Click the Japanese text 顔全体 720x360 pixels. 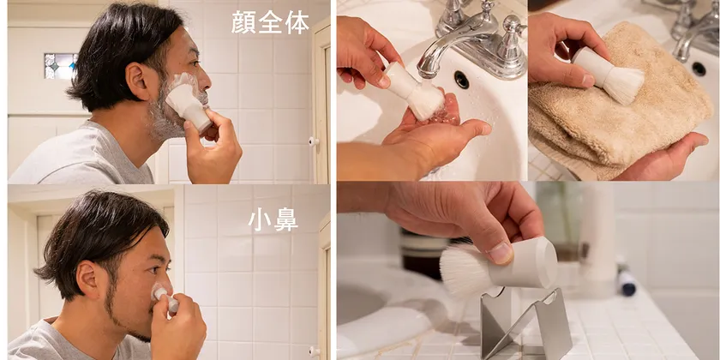click(x=270, y=22)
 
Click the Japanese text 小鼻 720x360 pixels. click(x=273, y=220)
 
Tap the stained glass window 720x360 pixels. click(x=61, y=66)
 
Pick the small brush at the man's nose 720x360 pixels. click(x=165, y=298)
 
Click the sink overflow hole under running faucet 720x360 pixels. click(x=461, y=80)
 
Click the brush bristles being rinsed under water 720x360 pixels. click(x=426, y=102)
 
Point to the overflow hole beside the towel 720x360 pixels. click(x=699, y=69)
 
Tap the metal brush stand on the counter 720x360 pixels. click(x=525, y=323)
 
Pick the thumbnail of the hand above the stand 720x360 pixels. click(x=501, y=254)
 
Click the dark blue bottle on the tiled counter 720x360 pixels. click(x=627, y=282)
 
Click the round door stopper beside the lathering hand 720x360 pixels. click(x=313, y=141)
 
